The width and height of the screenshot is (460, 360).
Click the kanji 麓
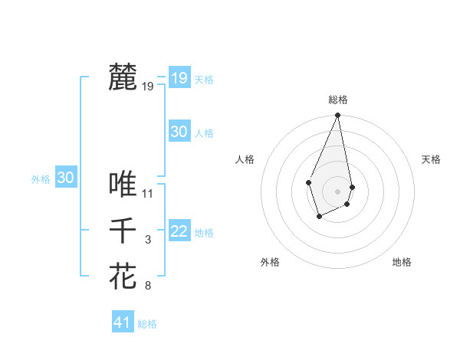[123, 78]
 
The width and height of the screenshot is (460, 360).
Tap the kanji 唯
[123, 184]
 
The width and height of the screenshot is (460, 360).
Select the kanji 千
[123, 230]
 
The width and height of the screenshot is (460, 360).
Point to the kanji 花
[123, 276]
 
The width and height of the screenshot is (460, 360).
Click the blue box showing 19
[179, 77]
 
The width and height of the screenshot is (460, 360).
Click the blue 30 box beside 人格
[179, 131]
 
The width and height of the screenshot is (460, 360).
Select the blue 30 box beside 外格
[65, 178]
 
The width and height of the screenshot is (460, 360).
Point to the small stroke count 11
[148, 193]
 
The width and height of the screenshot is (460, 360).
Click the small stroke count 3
[148, 240]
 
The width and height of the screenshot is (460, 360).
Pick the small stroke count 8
[148, 286]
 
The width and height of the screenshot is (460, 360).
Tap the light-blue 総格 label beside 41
[147, 324]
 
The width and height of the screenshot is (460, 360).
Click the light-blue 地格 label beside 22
[204, 233]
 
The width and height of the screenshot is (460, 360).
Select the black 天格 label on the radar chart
[431, 159]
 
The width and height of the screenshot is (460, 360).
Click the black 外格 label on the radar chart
[270, 262]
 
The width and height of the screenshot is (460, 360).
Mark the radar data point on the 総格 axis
[337, 116]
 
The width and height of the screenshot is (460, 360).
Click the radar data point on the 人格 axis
[308, 182]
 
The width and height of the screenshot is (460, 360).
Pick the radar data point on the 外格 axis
[319, 218]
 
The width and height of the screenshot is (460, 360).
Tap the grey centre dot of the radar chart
[337, 191]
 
